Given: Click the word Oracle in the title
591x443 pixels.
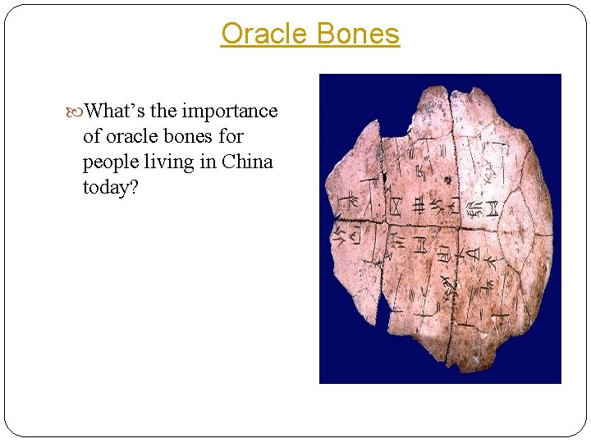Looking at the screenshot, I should [x=261, y=34].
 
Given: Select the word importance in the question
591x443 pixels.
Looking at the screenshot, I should [x=230, y=110].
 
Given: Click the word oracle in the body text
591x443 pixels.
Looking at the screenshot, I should [x=135, y=136].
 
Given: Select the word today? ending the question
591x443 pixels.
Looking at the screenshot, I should [x=108, y=187].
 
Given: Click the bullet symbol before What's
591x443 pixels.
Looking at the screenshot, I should [x=76, y=111].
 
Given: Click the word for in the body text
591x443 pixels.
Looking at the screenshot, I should [x=231, y=136].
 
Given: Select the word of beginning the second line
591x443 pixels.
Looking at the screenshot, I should [x=92, y=136].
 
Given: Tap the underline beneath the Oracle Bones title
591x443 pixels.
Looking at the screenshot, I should [x=310, y=48].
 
